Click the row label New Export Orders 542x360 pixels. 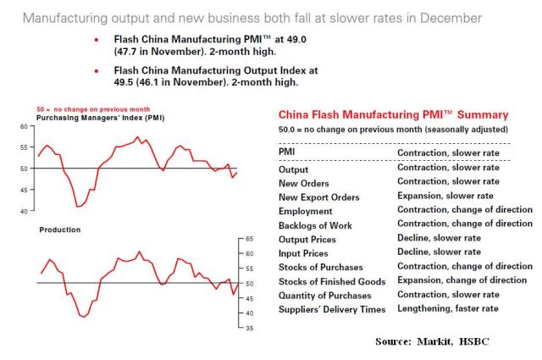click(x=318, y=197)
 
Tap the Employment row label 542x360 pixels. click(x=307, y=210)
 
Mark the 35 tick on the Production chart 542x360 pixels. click(x=248, y=328)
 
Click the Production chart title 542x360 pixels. click(x=59, y=230)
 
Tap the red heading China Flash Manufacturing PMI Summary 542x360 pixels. click(x=393, y=114)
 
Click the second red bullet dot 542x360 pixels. click(x=97, y=70)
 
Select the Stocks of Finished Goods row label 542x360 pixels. click(x=332, y=280)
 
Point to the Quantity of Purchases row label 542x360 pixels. click(x=324, y=295)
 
